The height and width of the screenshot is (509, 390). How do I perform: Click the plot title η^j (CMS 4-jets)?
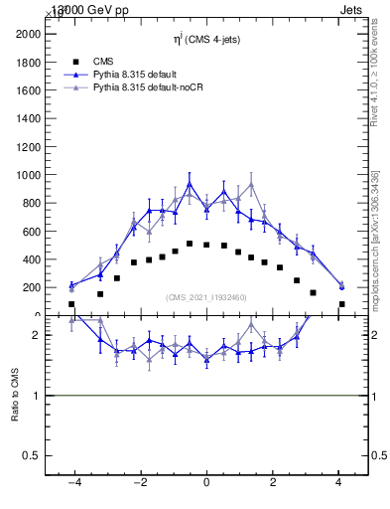[206, 39]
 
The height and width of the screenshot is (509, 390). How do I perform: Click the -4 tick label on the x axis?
[72, 482]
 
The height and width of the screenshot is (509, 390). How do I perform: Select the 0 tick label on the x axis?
[206, 482]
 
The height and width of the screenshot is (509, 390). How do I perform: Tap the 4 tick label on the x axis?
[339, 482]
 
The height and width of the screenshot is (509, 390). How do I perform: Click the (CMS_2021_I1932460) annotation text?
[206, 297]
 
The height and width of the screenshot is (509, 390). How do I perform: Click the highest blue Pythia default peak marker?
[190, 184]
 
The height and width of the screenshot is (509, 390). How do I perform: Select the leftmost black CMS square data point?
[71, 304]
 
